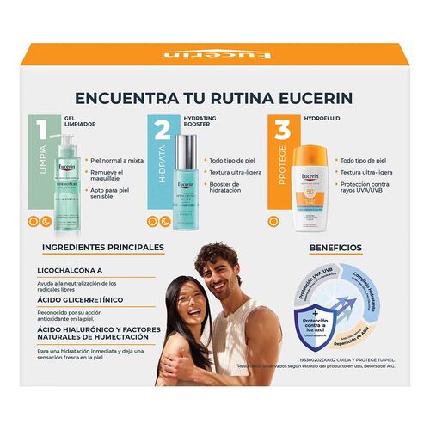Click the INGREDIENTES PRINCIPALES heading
pyautogui.click(x=102, y=248)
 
